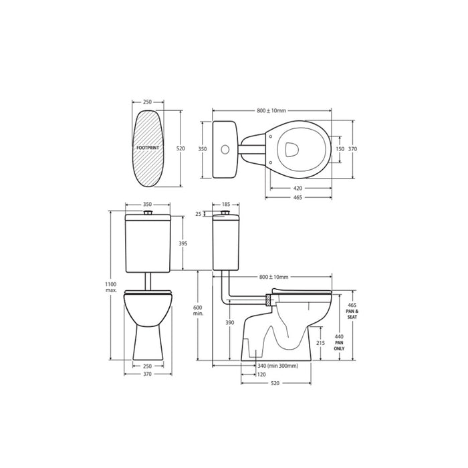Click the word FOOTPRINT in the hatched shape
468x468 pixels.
(x=148, y=148)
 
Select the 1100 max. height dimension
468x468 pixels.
(x=110, y=287)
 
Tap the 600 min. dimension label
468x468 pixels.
(x=198, y=310)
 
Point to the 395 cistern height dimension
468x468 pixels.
(x=183, y=243)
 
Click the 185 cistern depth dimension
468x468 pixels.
(x=226, y=205)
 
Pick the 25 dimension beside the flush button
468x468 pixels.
(x=199, y=214)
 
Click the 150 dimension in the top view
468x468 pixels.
(x=340, y=149)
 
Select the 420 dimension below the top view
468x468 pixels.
(x=298, y=189)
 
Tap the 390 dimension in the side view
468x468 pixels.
(x=230, y=322)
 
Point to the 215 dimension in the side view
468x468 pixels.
(x=320, y=343)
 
